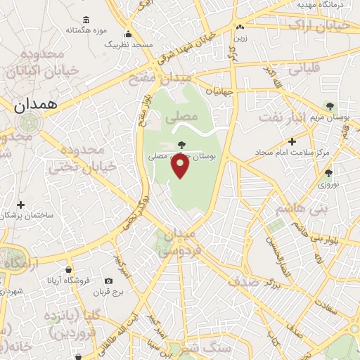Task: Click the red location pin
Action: tap(181, 166)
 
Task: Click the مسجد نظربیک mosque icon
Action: tap(128, 34)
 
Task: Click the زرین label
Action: tap(241, 37)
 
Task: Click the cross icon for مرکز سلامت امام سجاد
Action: tap(292, 141)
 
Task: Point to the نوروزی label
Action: tap(328, 184)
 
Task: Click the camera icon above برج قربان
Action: tap(108, 281)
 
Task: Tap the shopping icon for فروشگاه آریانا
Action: tap(68, 269)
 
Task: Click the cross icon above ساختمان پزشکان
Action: tap(21, 205)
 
